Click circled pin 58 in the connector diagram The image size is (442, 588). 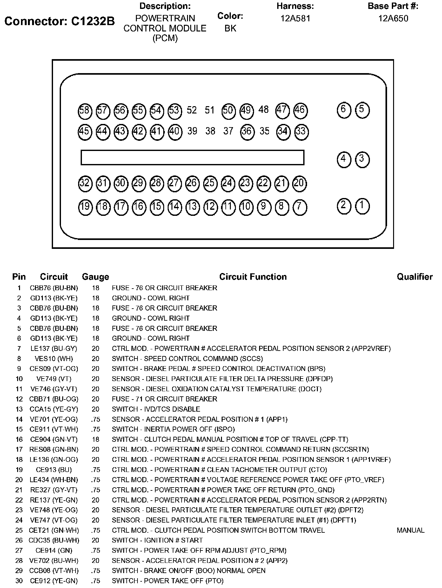click(85, 111)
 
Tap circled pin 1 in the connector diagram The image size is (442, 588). click(362, 205)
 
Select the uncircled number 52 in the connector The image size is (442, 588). click(192, 110)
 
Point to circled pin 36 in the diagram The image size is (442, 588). click(247, 131)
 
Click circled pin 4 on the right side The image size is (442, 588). click(344, 159)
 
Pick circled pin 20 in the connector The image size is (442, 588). click(299, 184)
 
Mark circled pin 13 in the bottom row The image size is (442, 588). click(192, 207)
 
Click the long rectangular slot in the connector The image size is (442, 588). click(192, 157)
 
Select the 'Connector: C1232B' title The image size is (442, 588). click(60, 21)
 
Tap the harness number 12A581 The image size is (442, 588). click(295, 18)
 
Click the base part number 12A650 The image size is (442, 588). click(393, 18)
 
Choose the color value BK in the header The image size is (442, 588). click(230, 29)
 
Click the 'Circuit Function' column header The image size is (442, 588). click(253, 277)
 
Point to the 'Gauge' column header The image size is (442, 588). click(95, 277)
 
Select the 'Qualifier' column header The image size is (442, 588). click(414, 277)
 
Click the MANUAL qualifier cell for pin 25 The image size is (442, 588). click(410, 530)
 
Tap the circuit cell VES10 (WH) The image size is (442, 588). click(54, 359)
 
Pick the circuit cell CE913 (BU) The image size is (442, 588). click(54, 470)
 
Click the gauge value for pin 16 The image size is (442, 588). click(95, 439)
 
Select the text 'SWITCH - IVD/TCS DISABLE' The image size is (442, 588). click(156, 409)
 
